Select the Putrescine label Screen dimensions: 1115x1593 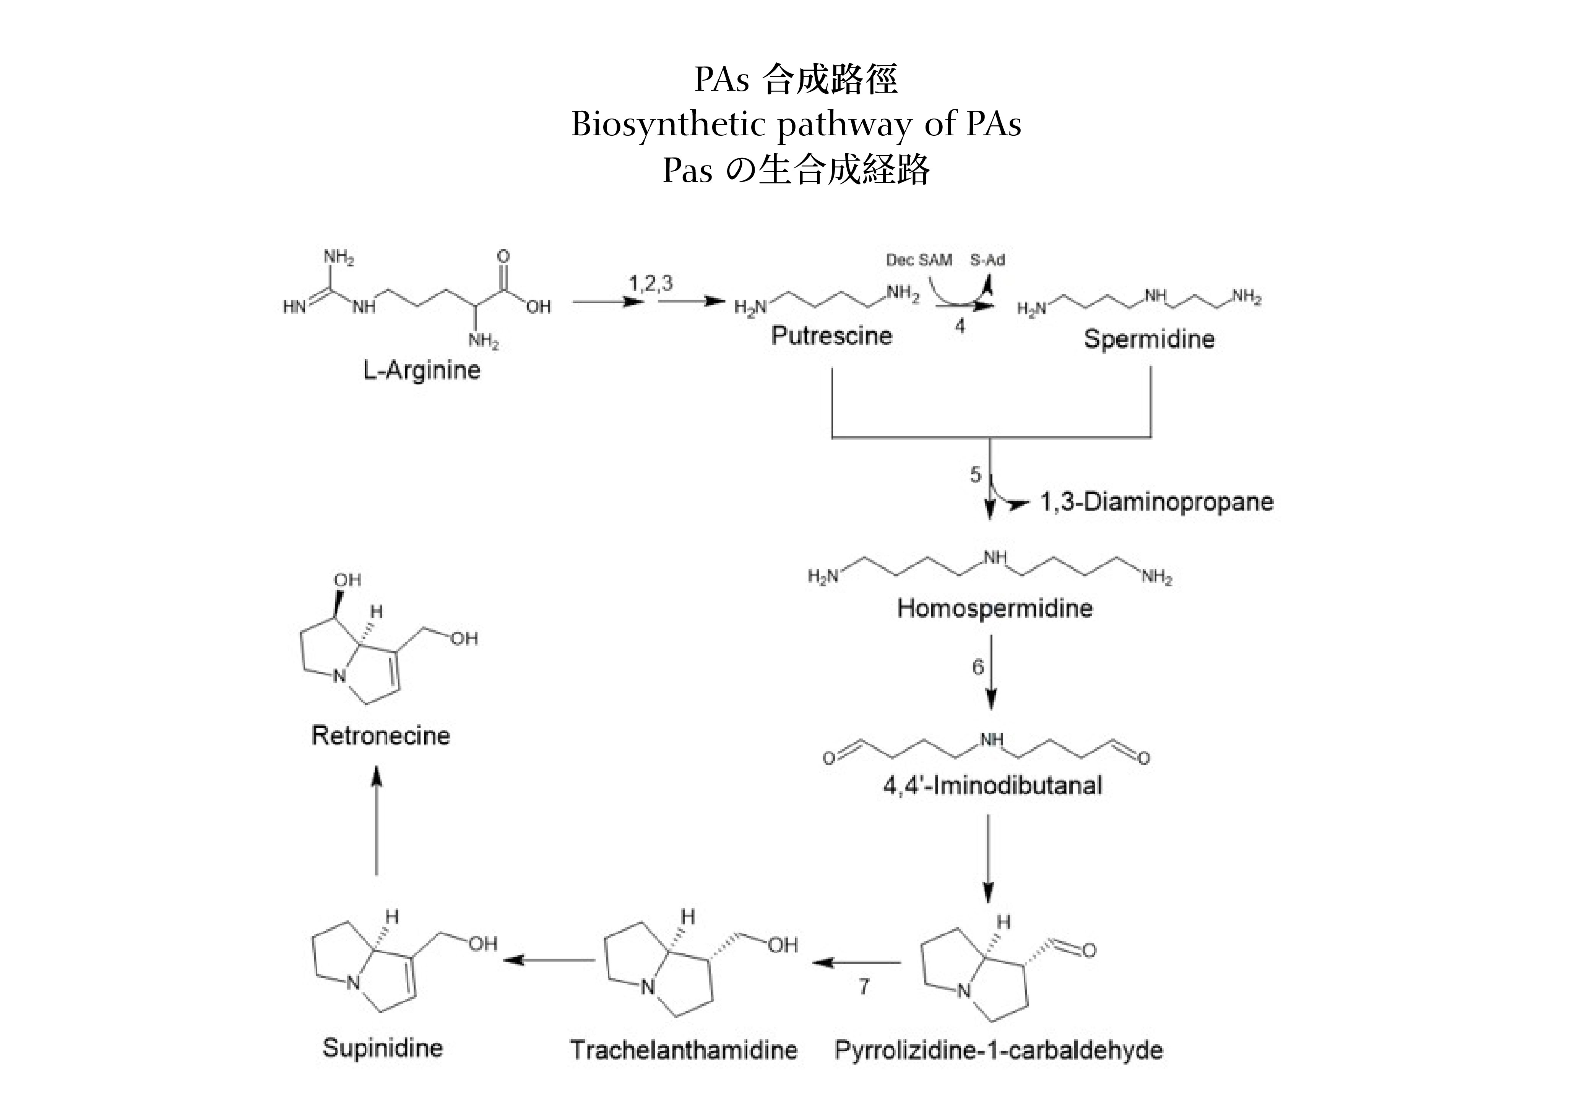coord(831,336)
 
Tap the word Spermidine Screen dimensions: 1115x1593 coord(1149,339)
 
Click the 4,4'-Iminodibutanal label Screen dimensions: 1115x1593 coord(992,786)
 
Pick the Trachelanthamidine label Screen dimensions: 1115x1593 coord(684,1050)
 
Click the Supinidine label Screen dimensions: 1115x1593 coord(382,1048)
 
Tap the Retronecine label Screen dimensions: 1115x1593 coord(381,735)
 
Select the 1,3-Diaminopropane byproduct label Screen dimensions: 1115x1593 coord(1156,502)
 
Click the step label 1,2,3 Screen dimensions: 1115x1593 coord(650,283)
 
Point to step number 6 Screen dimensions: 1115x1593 coord(978,667)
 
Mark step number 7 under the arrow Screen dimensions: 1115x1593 coord(864,986)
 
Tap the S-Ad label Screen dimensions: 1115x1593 coord(987,260)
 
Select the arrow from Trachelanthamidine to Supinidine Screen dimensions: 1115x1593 coord(548,960)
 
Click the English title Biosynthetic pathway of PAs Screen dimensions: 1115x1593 coord(796,125)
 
